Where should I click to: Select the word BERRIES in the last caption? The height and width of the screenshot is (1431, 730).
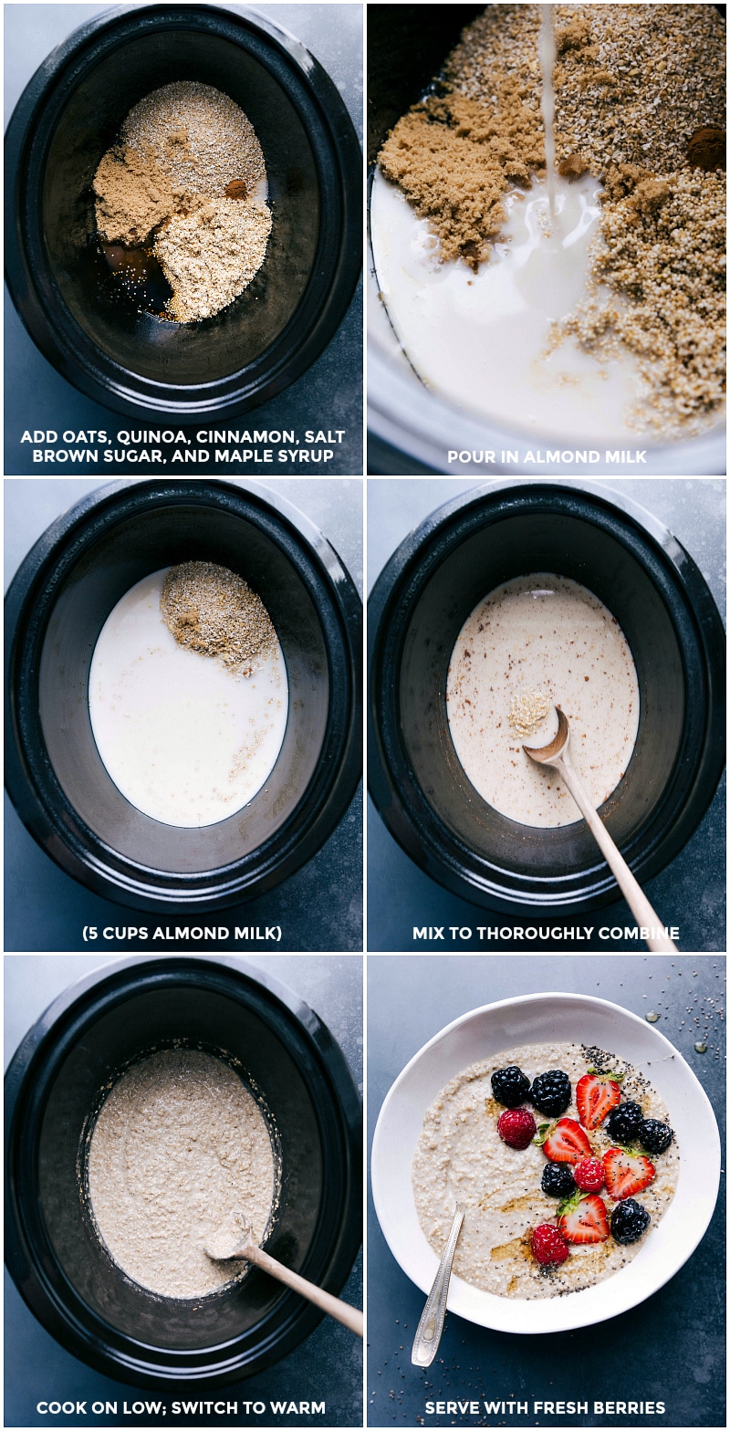coord(631,1408)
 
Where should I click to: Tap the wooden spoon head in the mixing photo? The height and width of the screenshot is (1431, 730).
coord(547,736)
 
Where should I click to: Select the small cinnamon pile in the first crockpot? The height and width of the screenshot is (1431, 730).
coord(236,189)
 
